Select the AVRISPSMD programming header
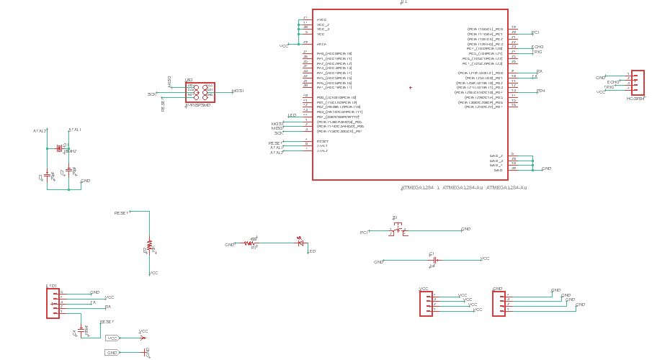click(200, 91)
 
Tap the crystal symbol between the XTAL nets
click(58, 149)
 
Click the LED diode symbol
click(300, 243)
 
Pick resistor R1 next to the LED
click(251, 243)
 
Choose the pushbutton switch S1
click(398, 230)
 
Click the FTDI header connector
click(53, 303)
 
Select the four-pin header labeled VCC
click(426, 303)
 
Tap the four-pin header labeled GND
click(498, 303)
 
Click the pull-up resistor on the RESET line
click(150, 246)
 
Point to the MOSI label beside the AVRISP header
click(238, 91)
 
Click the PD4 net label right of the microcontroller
click(541, 91)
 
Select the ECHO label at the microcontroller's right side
click(537, 47)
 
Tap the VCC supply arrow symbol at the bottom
click(142, 337)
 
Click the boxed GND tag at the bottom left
click(112, 353)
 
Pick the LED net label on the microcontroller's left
click(292, 115)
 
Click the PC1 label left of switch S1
click(365, 233)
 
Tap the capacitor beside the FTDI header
click(81, 329)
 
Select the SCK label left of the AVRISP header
click(152, 94)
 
